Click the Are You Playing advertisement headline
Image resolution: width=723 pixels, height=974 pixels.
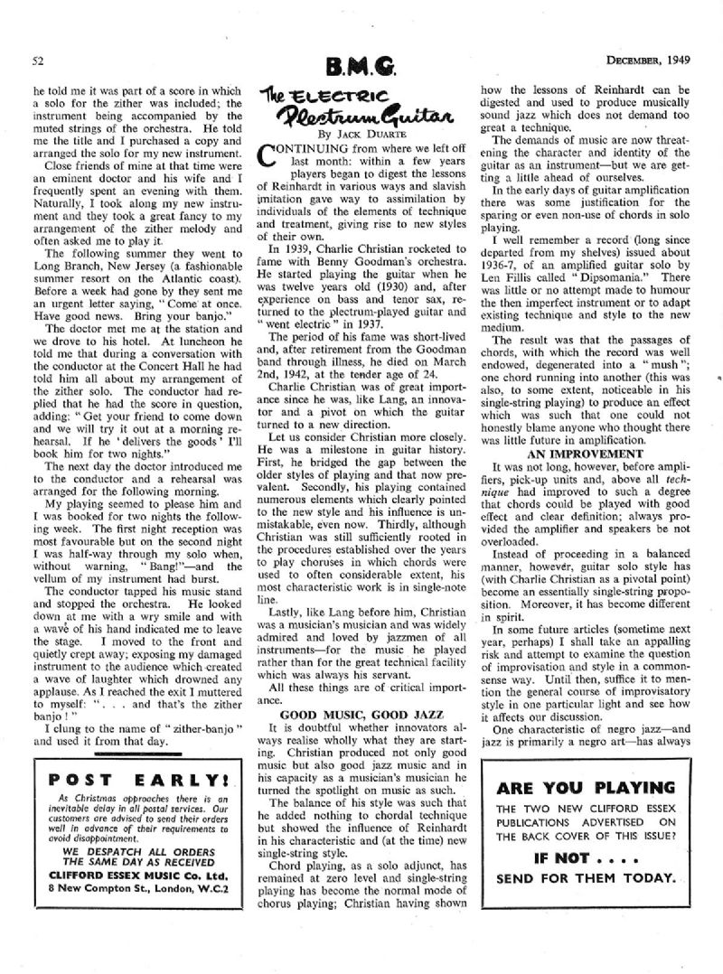tap(595, 786)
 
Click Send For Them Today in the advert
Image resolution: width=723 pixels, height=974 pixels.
tap(595, 878)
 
